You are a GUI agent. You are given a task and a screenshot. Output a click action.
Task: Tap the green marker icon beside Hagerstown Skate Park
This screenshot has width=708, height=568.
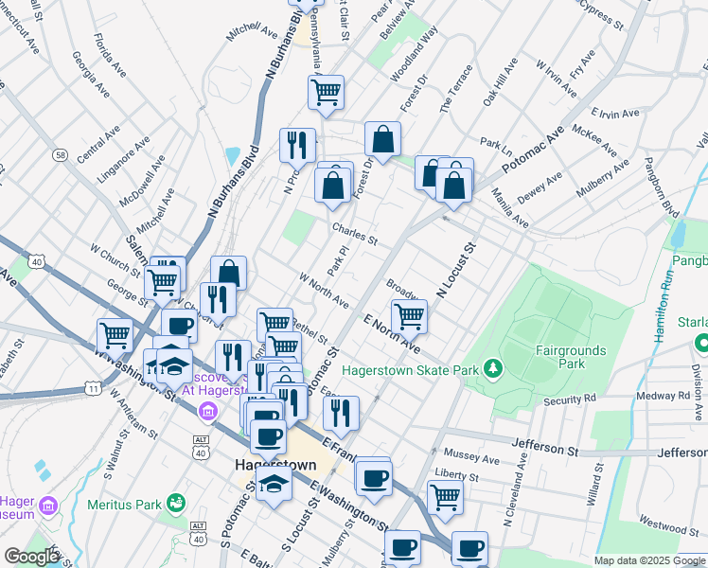pos(492,367)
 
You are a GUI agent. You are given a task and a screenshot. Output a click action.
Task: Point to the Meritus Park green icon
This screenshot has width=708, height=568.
pos(175,503)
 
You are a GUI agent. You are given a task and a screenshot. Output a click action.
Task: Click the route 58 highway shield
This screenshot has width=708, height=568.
pos(61,154)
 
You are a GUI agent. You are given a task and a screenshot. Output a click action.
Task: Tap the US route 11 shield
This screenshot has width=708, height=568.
pos(92,388)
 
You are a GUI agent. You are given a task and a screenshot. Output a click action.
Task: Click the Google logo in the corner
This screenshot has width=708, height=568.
pos(30,556)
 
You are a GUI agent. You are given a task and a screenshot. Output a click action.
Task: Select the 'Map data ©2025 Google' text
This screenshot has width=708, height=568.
pos(648,560)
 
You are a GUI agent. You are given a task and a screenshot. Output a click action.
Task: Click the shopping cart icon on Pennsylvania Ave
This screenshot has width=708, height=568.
pos(326,92)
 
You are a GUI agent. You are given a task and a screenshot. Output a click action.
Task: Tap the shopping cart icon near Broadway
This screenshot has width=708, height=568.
pos(409,316)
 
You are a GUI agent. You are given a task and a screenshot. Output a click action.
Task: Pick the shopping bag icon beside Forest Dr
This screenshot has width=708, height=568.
pos(382,139)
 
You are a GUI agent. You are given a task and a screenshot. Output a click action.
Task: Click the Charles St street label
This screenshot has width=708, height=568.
pos(355,233)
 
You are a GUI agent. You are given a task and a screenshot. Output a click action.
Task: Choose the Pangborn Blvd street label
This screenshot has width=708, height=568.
pos(660,186)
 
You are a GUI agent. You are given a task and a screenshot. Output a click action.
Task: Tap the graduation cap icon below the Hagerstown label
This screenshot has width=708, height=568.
pos(274,484)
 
